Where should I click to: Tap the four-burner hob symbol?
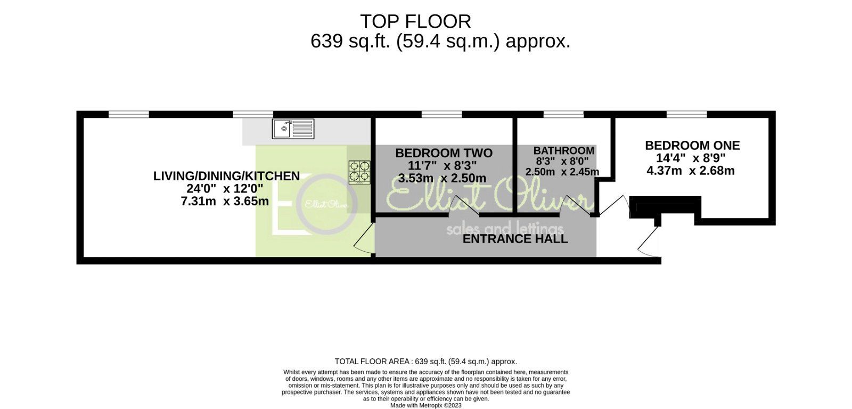359,172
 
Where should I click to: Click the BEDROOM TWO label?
444,153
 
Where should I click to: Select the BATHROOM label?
563,151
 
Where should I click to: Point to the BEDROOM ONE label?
692,145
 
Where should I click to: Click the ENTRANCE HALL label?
515,239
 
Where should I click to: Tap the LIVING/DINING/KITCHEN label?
226,176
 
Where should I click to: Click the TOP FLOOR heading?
415,21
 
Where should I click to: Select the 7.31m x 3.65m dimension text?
225,202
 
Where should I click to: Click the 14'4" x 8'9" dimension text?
692,158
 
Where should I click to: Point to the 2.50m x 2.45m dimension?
562,172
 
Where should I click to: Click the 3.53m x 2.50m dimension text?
442,178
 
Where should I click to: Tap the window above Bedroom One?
686,114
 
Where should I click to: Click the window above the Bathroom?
563,114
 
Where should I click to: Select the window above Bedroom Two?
441,114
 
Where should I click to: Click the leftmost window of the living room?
128,114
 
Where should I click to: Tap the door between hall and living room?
364,238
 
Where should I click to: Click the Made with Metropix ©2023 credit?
425,405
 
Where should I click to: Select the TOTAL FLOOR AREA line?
425,361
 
